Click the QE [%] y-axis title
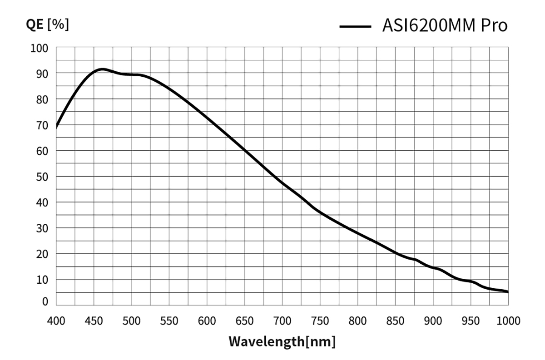pos(47,25)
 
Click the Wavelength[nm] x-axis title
pos(282,340)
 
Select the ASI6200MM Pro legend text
pos(445,26)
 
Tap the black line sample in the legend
pos(356,27)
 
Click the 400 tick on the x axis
pos(56,321)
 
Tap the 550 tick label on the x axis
pos(169,321)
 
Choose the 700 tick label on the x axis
pos(282,321)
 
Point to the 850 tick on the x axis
pos(395,321)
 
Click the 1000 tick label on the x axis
pos(508,321)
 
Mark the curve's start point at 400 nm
pos(56,128)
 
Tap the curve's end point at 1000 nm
pos(508,291)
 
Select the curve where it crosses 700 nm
pos(282,182)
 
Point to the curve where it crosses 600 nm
pos(207,118)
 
